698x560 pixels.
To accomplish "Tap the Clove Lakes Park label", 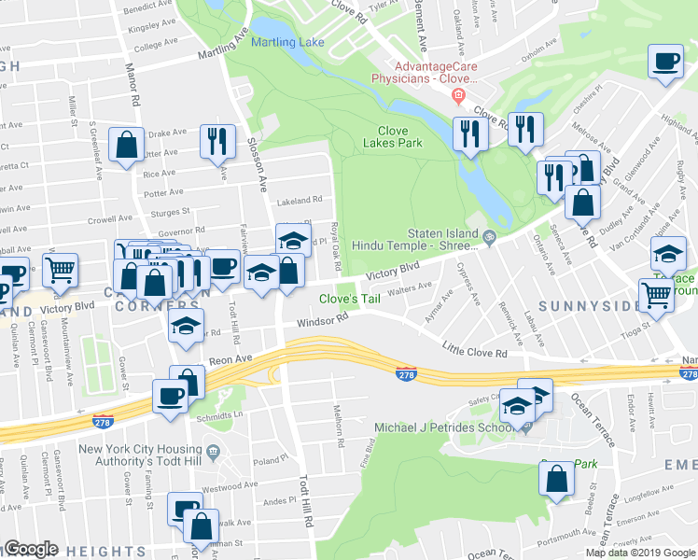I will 400,136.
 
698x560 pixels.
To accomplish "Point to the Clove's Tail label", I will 350,300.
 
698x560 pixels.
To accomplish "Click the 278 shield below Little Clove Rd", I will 405,373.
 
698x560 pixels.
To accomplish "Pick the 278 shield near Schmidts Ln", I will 103,422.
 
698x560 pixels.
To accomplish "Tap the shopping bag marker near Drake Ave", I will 126,146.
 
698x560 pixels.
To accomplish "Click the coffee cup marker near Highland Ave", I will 664,63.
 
